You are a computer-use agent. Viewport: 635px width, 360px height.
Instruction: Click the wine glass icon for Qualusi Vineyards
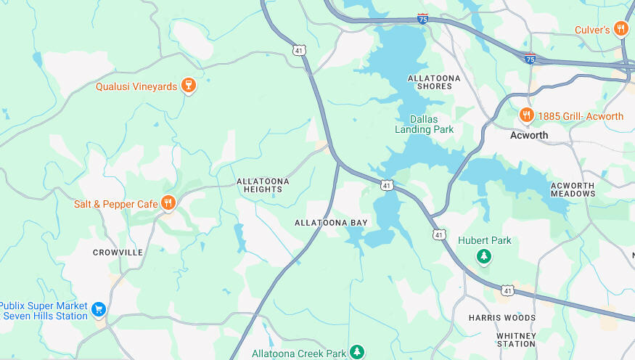tap(188, 86)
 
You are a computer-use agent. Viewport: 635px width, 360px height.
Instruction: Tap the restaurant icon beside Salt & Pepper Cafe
tap(168, 202)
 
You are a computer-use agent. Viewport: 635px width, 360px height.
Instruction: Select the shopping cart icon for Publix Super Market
tap(99, 311)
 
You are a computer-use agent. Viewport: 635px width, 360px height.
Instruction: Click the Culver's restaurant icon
tap(620, 29)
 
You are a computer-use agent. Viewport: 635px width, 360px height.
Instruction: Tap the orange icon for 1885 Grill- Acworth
tap(526, 115)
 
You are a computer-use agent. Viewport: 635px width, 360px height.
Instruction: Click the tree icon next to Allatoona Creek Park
tap(356, 352)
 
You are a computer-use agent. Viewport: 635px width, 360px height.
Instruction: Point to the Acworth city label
tap(529, 135)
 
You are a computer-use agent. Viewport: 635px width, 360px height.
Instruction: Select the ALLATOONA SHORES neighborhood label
tap(430, 81)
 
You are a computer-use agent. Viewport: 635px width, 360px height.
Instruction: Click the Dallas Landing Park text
tap(424, 124)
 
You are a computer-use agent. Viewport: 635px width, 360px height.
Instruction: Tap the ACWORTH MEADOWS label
tap(573, 189)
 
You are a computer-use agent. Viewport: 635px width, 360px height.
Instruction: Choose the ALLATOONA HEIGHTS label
tap(263, 185)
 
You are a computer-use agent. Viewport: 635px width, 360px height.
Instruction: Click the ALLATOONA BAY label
tap(331, 223)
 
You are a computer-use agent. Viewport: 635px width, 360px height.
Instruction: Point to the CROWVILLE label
tap(118, 253)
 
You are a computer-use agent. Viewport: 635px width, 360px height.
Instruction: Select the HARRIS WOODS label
tap(502, 318)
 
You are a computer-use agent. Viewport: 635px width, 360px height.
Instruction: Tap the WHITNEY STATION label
tap(516, 340)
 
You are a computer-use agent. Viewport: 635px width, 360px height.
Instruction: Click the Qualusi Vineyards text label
tap(136, 86)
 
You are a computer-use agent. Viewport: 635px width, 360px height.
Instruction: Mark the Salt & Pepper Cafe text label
tap(116, 204)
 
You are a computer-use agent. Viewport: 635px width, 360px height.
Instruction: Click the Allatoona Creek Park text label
tap(299, 353)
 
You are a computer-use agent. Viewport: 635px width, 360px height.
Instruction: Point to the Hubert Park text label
tap(485, 240)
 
